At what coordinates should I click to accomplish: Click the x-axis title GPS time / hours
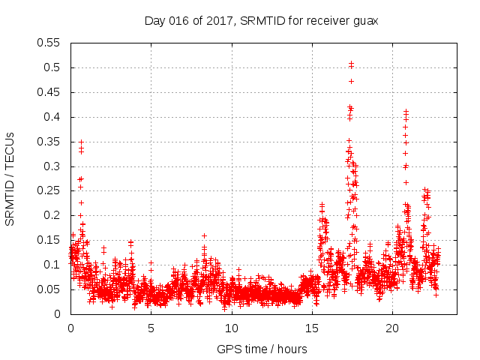(x=262, y=349)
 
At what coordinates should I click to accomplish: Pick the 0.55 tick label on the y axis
(x=49, y=43)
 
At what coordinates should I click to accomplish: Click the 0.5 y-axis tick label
(x=52, y=67)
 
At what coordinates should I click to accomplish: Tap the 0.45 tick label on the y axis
(x=49, y=92)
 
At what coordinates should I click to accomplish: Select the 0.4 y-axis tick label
(x=52, y=117)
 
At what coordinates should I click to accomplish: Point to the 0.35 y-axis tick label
(x=49, y=142)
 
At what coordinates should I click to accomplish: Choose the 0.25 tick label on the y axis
(x=49, y=190)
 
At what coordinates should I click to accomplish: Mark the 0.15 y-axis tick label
(x=49, y=240)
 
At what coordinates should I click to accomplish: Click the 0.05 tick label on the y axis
(x=49, y=289)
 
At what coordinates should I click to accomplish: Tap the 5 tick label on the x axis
(x=151, y=328)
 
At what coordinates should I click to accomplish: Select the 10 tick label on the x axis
(x=231, y=328)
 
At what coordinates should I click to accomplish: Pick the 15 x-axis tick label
(x=312, y=328)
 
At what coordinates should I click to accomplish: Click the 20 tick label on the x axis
(x=392, y=328)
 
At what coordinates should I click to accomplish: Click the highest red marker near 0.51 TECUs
(x=351, y=64)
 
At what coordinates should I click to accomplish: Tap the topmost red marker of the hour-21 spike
(x=406, y=111)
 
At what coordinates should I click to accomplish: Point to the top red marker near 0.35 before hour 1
(x=81, y=142)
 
